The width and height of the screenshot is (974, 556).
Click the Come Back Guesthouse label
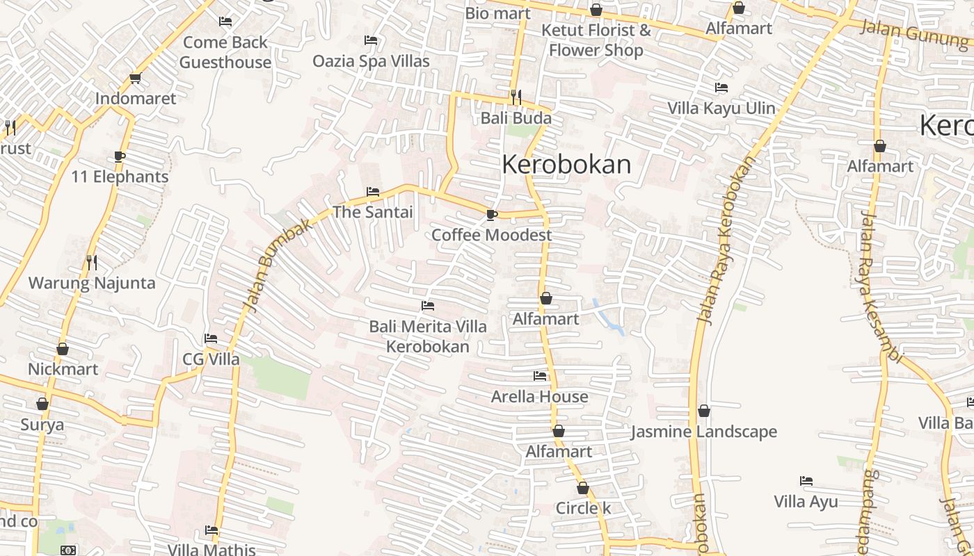pyautogui.click(x=225, y=52)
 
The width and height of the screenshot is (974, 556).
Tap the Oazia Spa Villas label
pyautogui.click(x=371, y=61)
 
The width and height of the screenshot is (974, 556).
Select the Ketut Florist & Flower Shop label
pyautogui.click(x=596, y=40)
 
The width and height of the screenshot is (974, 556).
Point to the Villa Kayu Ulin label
pyautogui.click(x=721, y=108)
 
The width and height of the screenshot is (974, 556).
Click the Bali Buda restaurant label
pyautogui.click(x=516, y=118)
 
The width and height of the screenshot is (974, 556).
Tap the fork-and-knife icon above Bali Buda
pyautogui.click(x=516, y=96)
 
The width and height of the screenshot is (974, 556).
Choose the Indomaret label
pyautogui.click(x=136, y=99)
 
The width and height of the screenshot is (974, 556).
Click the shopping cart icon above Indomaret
pyautogui.click(x=136, y=78)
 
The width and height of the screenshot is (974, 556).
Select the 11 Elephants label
pyautogui.click(x=120, y=177)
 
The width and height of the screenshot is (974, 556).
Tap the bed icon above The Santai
pyautogui.click(x=373, y=191)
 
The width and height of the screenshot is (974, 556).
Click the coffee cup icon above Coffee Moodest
pyautogui.click(x=491, y=215)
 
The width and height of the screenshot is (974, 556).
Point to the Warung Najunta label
pyautogui.click(x=92, y=284)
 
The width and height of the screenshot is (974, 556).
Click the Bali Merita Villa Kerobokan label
pyautogui.click(x=428, y=336)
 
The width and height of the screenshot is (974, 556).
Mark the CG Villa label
pyautogui.click(x=211, y=359)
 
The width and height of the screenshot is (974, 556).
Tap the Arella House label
pyautogui.click(x=540, y=397)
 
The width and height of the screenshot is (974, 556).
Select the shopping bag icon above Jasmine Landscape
pyautogui.click(x=704, y=411)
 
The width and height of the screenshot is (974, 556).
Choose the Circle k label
pyautogui.click(x=583, y=508)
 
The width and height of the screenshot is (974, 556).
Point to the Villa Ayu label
pyautogui.click(x=806, y=502)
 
